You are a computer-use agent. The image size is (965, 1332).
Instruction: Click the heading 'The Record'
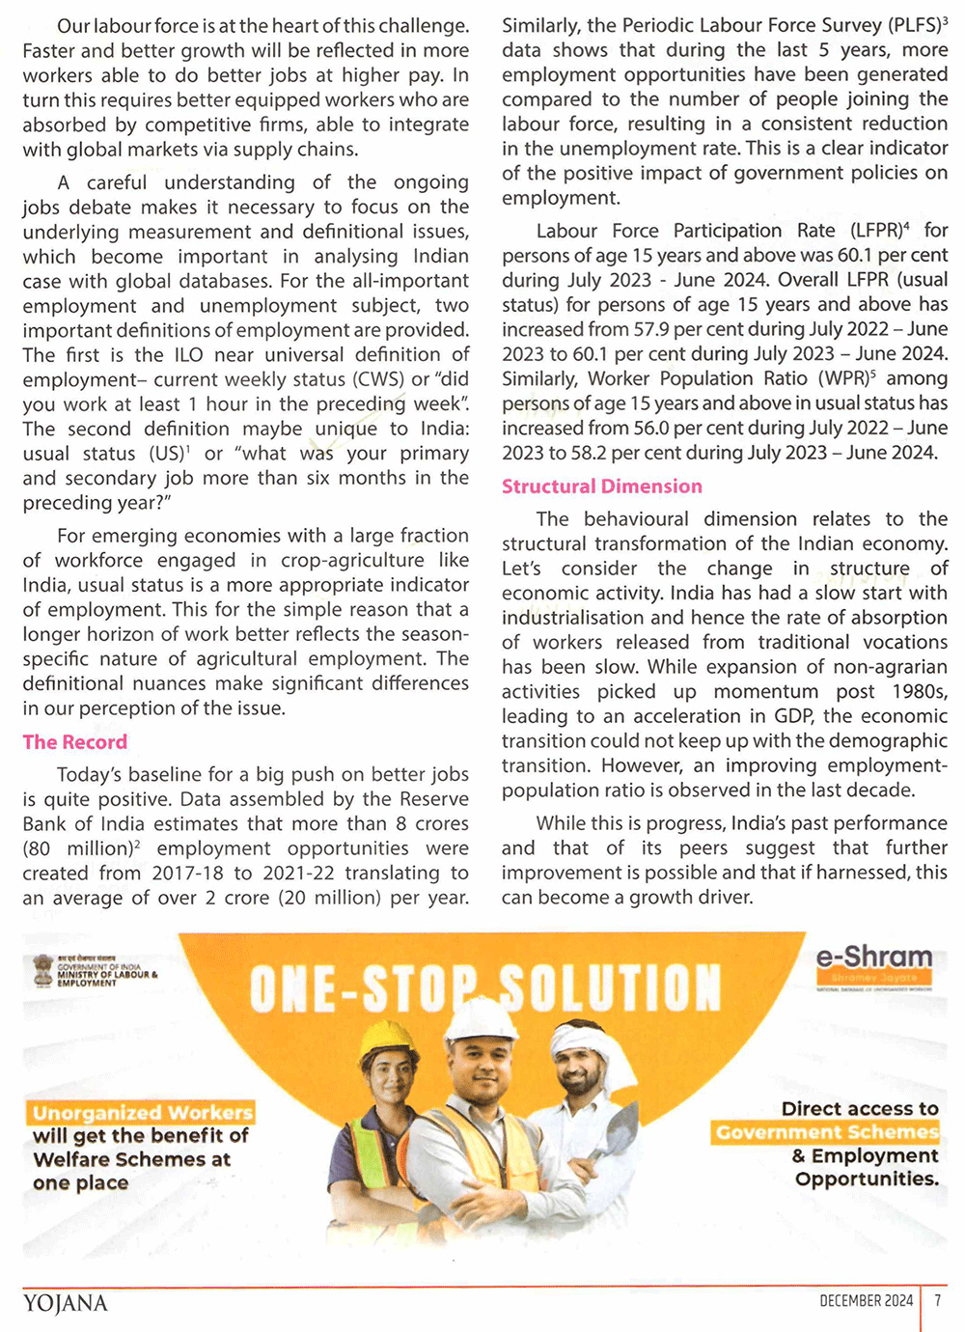click(75, 742)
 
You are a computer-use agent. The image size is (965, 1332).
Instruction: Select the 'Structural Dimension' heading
click(602, 486)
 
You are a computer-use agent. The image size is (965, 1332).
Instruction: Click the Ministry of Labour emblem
click(42, 969)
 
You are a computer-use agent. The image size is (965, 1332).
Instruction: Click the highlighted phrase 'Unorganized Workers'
click(142, 1113)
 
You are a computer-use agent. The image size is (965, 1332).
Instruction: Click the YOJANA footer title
click(66, 1304)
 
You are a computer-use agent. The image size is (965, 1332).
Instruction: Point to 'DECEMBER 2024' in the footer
click(866, 1301)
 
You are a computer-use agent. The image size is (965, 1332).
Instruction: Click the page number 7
click(937, 1301)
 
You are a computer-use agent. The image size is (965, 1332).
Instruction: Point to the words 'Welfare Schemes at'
click(132, 1159)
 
